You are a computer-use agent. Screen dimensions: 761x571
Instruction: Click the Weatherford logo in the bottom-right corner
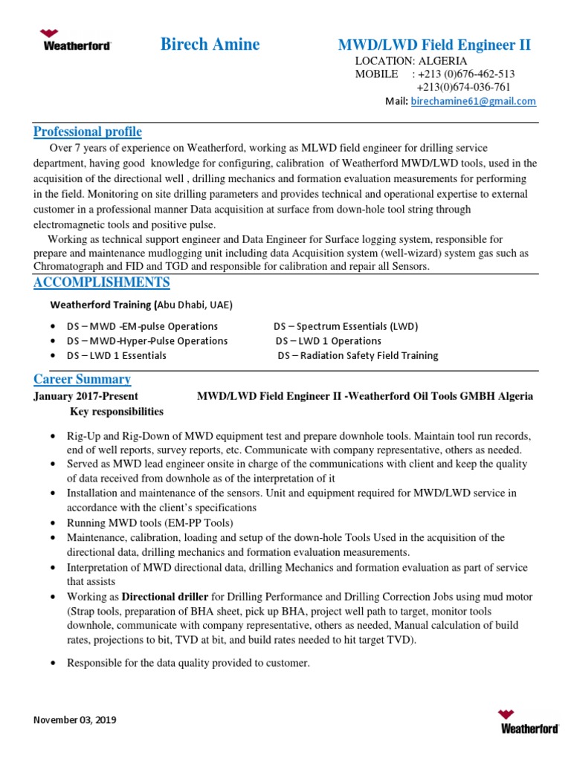(528, 722)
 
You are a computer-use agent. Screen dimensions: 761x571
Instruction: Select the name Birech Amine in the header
(210, 45)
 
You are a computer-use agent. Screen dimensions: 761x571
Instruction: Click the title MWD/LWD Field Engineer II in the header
(434, 45)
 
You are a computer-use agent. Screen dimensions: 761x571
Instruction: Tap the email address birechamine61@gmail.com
(473, 102)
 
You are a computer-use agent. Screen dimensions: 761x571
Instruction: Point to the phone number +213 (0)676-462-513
(466, 74)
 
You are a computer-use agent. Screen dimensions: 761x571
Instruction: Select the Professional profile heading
(88, 132)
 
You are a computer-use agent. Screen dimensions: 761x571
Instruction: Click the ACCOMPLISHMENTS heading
(102, 282)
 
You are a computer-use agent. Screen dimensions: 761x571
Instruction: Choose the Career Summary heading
(82, 379)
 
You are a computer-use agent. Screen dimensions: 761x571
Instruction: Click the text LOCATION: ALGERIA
(411, 61)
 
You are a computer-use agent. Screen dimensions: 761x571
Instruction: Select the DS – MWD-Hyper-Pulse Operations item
(147, 340)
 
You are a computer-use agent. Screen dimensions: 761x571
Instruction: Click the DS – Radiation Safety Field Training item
(358, 355)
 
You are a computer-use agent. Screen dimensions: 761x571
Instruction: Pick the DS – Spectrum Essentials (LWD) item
(346, 326)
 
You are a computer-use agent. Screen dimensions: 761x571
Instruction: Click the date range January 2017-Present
(86, 396)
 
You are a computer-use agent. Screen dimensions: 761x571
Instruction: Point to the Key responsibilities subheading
(117, 411)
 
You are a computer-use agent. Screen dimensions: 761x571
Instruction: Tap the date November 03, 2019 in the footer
(75, 720)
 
